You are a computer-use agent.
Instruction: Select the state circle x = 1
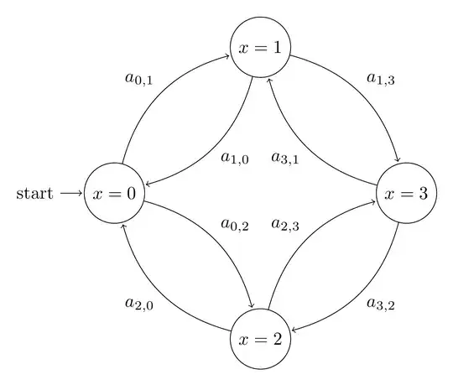pyautogui.click(x=260, y=48)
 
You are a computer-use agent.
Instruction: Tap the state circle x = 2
pyautogui.click(x=260, y=340)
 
